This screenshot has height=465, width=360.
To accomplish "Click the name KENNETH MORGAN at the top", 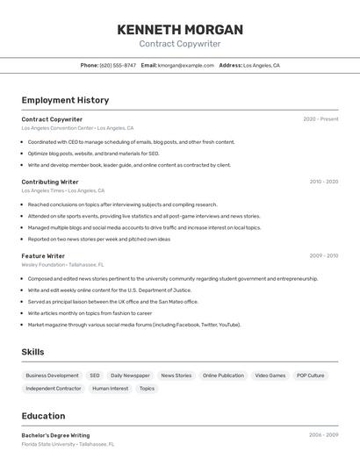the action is click(x=179, y=29).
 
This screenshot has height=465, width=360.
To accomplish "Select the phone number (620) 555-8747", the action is click(x=118, y=65).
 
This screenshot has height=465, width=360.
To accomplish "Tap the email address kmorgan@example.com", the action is click(x=186, y=65).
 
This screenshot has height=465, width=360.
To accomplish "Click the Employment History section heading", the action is click(x=65, y=100).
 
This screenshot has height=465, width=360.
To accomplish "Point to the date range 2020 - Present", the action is click(x=320, y=119).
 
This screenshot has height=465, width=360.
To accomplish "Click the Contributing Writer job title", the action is click(x=50, y=182).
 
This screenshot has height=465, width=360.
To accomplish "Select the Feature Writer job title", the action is click(x=43, y=256).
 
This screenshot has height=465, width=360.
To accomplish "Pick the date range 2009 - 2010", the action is click(x=323, y=256).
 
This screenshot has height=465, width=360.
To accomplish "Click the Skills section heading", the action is click(x=33, y=352).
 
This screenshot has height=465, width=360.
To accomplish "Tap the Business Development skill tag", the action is click(x=51, y=376).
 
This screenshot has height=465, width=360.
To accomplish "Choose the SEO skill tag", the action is click(x=95, y=376).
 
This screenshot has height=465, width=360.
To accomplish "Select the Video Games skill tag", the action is click(x=270, y=376).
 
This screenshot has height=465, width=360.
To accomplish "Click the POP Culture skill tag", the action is click(x=310, y=376).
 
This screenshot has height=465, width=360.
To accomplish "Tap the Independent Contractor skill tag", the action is click(x=53, y=388).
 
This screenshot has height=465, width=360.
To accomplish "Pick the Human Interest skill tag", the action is click(x=110, y=388).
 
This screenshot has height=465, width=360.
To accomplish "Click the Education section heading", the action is click(x=43, y=416).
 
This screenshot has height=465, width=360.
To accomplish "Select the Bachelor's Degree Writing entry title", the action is click(x=55, y=435).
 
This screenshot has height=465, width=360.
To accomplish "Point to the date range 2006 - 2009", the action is click(x=323, y=435).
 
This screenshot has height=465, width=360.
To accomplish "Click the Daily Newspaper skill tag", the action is click(x=130, y=376).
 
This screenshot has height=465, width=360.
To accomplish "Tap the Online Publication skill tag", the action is click(x=223, y=376).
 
